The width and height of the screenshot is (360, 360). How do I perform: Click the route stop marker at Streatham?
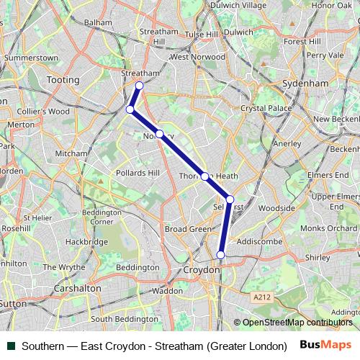point(139,86)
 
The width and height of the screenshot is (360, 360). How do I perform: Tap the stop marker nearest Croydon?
point(221,254)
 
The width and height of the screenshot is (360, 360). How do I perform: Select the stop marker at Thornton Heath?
point(205,176)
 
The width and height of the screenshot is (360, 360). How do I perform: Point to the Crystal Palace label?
point(264,108)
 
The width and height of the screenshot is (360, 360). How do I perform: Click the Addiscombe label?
point(259,241)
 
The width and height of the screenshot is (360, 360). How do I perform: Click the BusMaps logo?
point(326,346)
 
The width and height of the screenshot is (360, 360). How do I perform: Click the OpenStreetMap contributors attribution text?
point(297,323)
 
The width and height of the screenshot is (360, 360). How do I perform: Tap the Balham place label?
point(98,22)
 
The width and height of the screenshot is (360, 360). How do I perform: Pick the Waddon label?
point(168,291)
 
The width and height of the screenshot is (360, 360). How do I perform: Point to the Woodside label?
point(277,209)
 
